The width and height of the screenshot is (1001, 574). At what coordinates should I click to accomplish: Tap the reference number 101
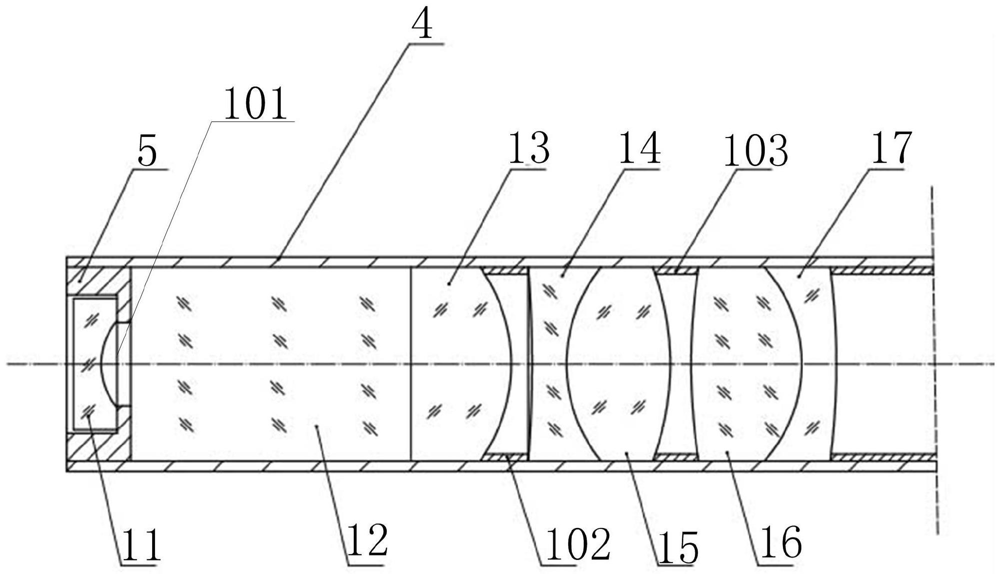tap(255, 104)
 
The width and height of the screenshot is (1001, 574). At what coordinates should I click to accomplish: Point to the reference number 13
tap(529, 148)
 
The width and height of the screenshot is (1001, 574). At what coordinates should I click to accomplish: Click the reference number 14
tap(640, 148)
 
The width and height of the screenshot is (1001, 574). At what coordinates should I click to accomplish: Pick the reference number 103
tap(755, 150)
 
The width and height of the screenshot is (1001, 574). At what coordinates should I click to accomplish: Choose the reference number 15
tap(678, 548)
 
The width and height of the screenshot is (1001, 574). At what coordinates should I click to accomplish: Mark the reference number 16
tap(780, 543)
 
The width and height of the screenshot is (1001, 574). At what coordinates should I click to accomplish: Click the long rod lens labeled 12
tap(270, 363)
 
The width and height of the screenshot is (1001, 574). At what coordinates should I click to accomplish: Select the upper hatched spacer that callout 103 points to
tap(676, 270)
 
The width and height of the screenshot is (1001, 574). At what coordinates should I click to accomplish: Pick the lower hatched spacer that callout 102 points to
tap(506, 456)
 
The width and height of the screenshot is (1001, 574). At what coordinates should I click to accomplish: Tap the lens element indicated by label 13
tap(455, 363)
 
